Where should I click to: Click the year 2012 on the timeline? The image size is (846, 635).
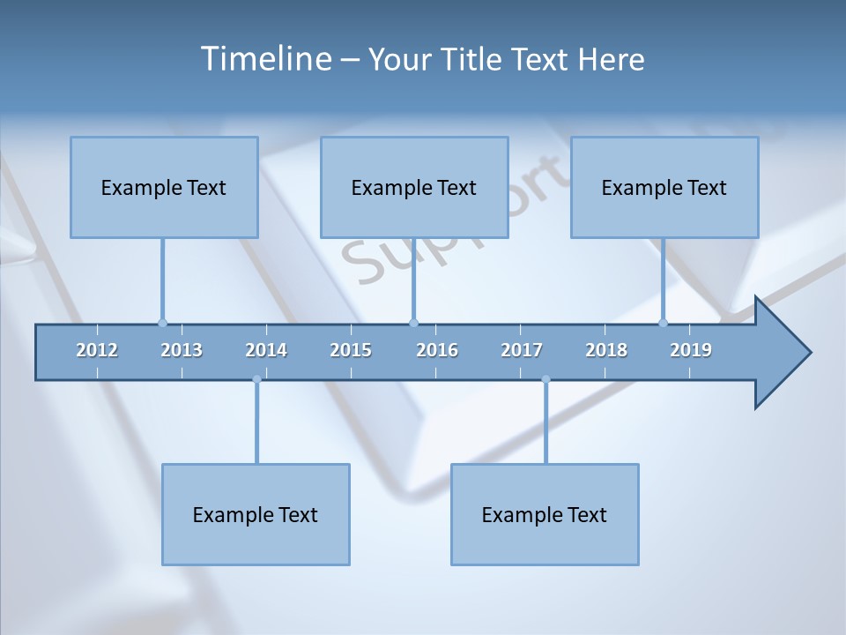97,350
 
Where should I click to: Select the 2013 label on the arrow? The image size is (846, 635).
182,350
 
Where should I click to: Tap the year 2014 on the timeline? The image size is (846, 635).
266,350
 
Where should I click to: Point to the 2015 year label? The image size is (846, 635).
351,350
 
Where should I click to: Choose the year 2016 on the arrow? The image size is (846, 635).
437,350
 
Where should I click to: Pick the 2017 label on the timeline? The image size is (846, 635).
522,350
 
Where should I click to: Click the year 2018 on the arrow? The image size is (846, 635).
606,350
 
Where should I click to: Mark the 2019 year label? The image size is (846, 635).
691,350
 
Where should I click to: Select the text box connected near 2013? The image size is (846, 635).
164,187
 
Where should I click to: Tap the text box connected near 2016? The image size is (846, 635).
414,187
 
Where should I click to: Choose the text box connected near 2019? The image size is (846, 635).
664,187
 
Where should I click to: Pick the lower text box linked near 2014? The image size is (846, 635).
256,514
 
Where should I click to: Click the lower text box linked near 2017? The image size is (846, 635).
545,514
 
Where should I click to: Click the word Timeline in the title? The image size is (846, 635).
264,59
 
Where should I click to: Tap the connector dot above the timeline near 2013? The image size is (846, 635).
162,323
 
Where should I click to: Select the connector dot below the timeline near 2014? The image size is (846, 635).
256,379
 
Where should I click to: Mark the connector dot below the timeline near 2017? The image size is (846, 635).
545,379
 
